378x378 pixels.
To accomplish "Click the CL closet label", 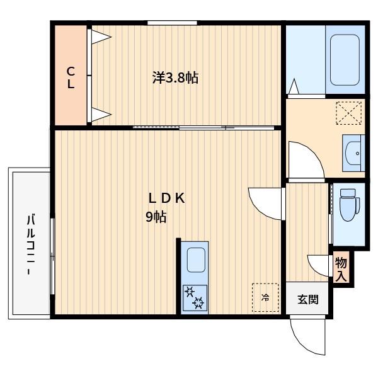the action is (71, 77).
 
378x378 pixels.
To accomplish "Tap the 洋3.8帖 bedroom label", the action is (175, 77).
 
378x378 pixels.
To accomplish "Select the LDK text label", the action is (167, 198).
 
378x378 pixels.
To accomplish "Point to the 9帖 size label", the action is (156, 217).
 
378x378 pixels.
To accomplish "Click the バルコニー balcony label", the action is (31, 244).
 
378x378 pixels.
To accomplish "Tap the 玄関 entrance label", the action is (308, 300).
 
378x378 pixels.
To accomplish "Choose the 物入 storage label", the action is (341, 269).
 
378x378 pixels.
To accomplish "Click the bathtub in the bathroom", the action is (345, 60).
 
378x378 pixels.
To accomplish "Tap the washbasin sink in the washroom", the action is (353, 153).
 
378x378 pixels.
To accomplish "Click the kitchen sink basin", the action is (196, 260).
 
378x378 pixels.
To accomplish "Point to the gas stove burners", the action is (195, 298).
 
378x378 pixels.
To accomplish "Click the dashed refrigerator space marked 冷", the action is (265, 297).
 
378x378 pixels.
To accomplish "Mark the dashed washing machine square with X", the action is (349, 113).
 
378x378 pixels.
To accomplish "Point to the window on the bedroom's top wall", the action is (172, 23).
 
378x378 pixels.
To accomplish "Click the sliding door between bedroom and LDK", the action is (203, 127).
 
